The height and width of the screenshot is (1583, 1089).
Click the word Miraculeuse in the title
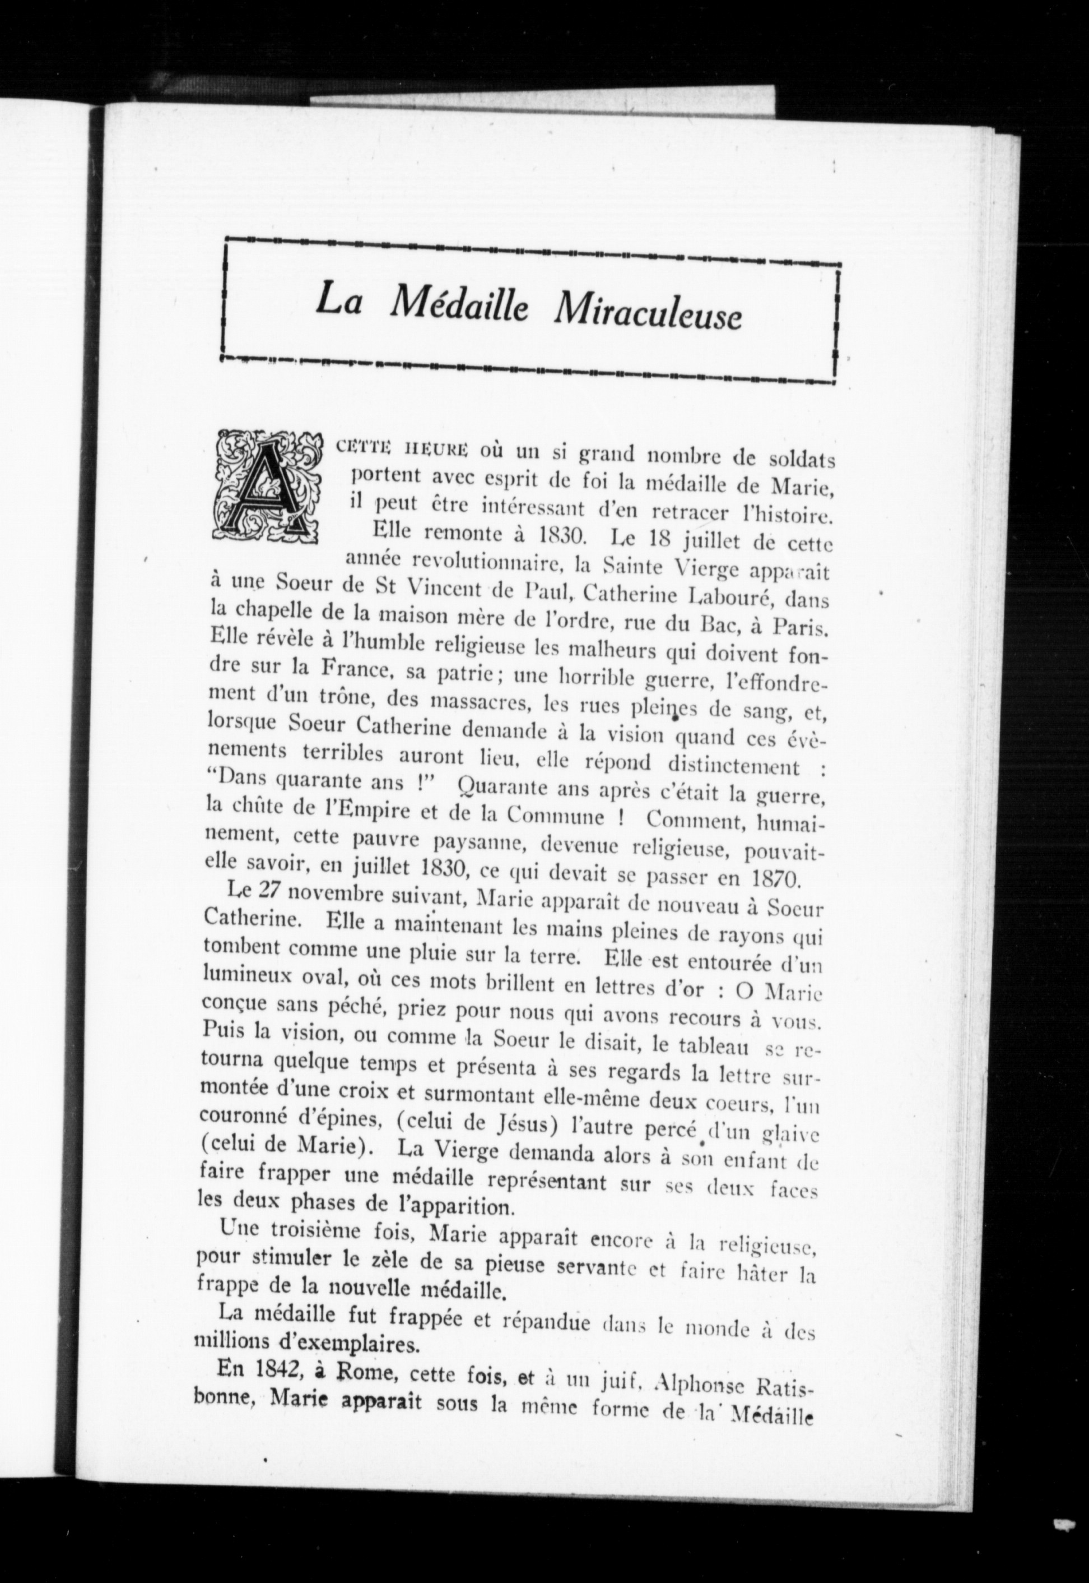point(648,314)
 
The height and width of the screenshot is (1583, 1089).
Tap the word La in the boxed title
point(338,301)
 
